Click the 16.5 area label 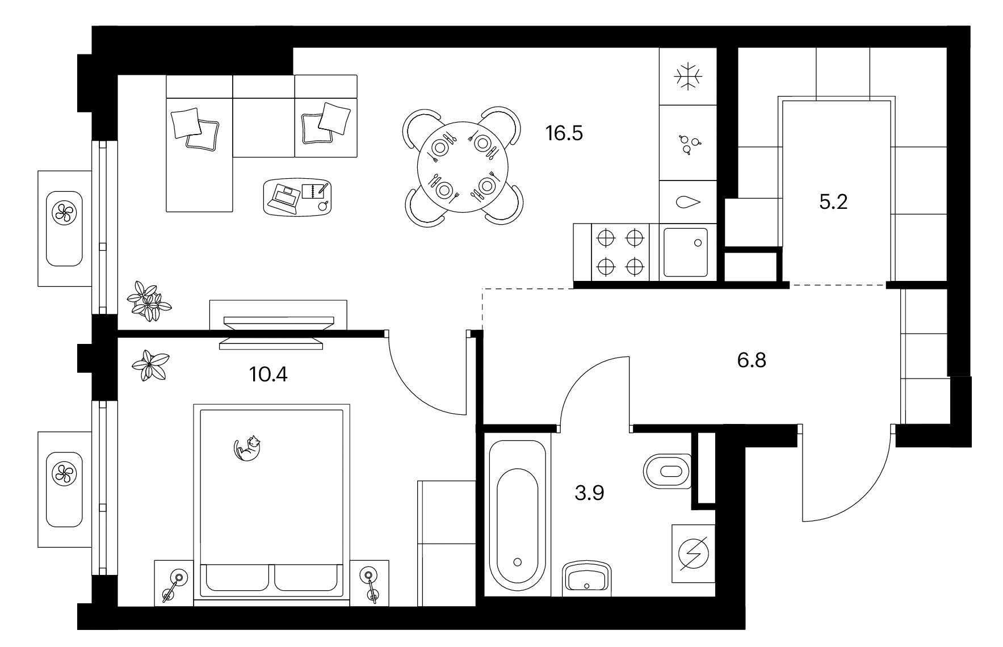(564, 134)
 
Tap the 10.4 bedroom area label (268, 374)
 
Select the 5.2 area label (833, 201)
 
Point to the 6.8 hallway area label (752, 360)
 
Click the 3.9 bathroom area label (589, 493)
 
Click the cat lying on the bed (247, 448)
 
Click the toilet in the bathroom (668, 470)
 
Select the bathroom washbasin (587, 579)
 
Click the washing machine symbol (693, 553)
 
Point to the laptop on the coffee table (286, 196)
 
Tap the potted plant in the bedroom (150, 365)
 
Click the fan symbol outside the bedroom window (64, 473)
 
